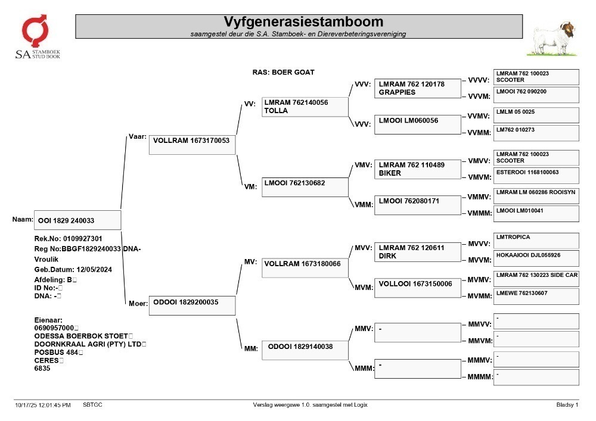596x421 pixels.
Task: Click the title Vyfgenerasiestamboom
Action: [x=303, y=21]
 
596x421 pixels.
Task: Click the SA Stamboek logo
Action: [x=37, y=36]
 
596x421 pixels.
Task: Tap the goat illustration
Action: [x=551, y=39]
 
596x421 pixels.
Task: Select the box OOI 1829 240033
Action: [x=77, y=220]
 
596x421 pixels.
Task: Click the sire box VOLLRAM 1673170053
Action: [x=192, y=145]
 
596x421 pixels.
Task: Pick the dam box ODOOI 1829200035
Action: [x=192, y=305]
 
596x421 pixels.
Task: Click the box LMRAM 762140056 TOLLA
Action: [x=305, y=107]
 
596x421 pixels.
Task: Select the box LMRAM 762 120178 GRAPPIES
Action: [x=417, y=89]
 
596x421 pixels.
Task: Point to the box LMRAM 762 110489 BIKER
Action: [x=417, y=169]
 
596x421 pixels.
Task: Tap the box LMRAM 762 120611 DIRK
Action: [x=417, y=252]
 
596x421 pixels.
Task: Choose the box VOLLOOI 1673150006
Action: [x=417, y=288]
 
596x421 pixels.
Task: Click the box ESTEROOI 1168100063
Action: [x=536, y=176]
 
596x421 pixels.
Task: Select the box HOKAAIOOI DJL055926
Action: [x=536, y=258]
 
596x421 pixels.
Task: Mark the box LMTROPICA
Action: [x=536, y=241]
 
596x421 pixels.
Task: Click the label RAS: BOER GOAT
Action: [x=283, y=72]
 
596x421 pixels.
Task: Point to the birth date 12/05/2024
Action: [x=94, y=270]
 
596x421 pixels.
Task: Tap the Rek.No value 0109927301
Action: [x=82, y=239]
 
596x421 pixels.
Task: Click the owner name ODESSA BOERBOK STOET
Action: [x=81, y=336]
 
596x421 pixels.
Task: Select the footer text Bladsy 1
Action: [x=567, y=405]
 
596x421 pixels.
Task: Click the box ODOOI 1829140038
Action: [x=305, y=350]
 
